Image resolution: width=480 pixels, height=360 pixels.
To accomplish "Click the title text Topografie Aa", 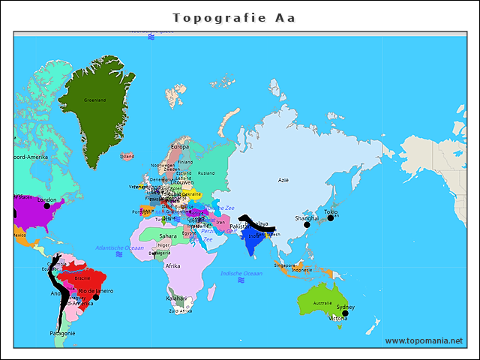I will [x=234, y=18].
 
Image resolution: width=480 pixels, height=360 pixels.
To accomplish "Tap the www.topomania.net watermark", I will [x=424, y=340].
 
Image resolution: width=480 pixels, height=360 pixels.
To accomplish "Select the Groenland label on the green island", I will [x=94, y=100].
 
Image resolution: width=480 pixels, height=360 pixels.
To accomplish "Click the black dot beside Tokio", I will [x=330, y=217].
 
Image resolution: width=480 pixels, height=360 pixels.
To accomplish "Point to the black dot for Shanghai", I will [x=307, y=223].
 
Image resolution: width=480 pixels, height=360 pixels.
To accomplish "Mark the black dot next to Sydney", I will [x=346, y=313].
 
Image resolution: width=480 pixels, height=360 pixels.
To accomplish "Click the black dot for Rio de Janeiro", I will [x=95, y=297].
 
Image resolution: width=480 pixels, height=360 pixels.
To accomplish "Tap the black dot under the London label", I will [x=46, y=206].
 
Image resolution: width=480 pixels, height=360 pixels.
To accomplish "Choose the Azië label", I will [x=283, y=180].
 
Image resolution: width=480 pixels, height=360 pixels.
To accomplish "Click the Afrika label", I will [x=172, y=266].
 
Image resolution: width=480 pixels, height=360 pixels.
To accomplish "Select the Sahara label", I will [x=168, y=235].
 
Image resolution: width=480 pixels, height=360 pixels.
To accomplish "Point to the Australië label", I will [x=322, y=303].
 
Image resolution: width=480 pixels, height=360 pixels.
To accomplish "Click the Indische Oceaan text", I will [x=241, y=274].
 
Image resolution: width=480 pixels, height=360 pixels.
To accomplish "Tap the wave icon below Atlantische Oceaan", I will [x=119, y=255].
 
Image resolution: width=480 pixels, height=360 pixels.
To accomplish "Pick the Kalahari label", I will [x=176, y=298].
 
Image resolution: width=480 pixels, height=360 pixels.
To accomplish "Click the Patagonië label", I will [x=63, y=333].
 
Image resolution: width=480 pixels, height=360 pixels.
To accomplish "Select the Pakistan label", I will [x=239, y=226].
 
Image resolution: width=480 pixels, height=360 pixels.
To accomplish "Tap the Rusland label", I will [x=206, y=172].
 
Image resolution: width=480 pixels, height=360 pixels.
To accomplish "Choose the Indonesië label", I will [x=301, y=270].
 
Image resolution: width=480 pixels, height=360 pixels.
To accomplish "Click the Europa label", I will [x=181, y=147].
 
